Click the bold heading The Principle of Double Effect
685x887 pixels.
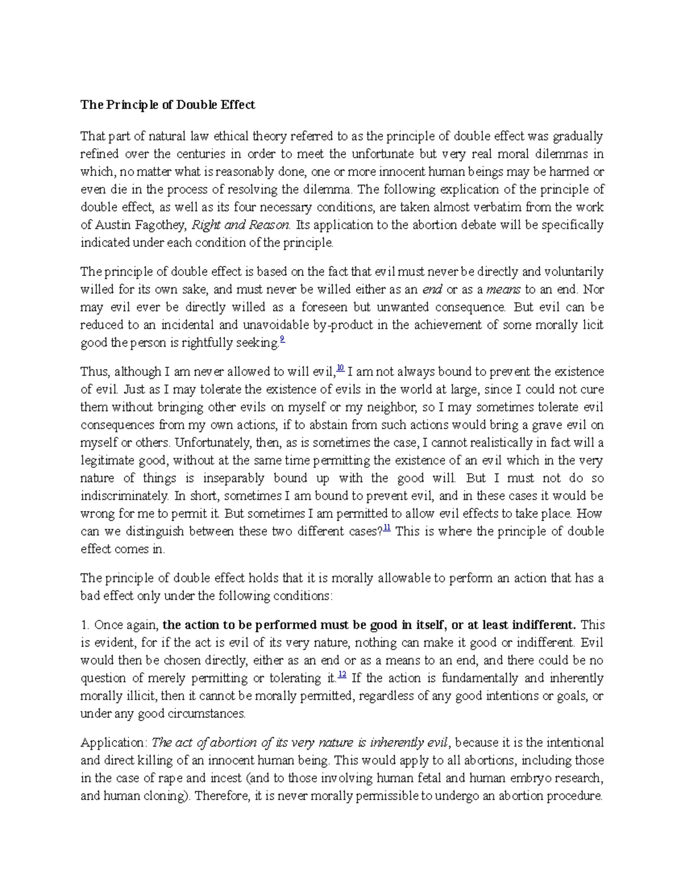(x=167, y=105)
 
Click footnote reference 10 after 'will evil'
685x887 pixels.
(x=340, y=368)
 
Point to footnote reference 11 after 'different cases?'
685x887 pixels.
(x=386, y=528)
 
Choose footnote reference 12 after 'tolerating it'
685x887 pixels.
(x=342, y=675)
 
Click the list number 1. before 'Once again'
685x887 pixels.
(x=85, y=625)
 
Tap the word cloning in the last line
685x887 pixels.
(x=167, y=796)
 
